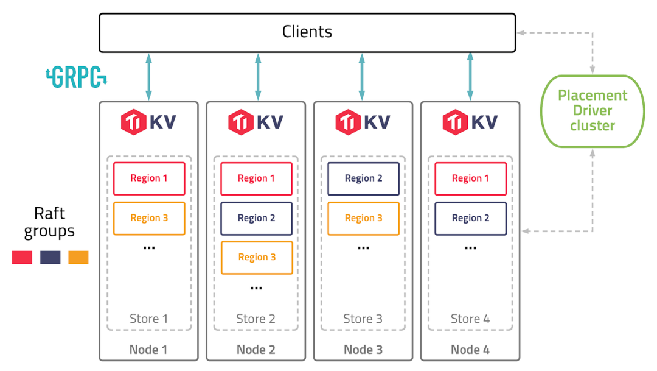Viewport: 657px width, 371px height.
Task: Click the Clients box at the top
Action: tap(307, 32)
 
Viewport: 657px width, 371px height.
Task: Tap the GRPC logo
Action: tap(77, 77)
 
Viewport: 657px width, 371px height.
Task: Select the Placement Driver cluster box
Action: tap(592, 111)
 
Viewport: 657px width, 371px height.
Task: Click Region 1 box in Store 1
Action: tap(149, 178)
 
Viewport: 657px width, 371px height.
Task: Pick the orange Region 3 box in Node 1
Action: tap(149, 218)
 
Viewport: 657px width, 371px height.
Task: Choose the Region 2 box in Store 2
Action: tap(256, 218)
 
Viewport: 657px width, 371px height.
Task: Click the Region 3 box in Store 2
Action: tap(256, 258)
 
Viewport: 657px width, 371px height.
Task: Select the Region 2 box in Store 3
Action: tap(363, 178)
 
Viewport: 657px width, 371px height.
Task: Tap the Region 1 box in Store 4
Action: tap(470, 178)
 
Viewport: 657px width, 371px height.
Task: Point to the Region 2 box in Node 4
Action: tap(470, 218)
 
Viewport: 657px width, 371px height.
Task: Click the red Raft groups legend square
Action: tap(22, 258)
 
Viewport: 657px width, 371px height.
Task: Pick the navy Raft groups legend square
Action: tap(50, 258)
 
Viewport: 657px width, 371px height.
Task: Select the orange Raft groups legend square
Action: tap(78, 258)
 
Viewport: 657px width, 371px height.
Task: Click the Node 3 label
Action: tap(363, 350)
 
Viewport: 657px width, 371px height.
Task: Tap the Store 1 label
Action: tap(148, 319)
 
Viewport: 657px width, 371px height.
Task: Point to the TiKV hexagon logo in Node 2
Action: tap(240, 122)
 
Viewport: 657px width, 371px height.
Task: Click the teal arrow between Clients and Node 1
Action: tap(148, 77)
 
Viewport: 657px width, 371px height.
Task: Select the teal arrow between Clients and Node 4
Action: tap(470, 77)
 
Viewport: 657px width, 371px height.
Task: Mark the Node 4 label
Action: tap(470, 350)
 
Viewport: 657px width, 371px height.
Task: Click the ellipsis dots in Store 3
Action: tap(363, 249)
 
